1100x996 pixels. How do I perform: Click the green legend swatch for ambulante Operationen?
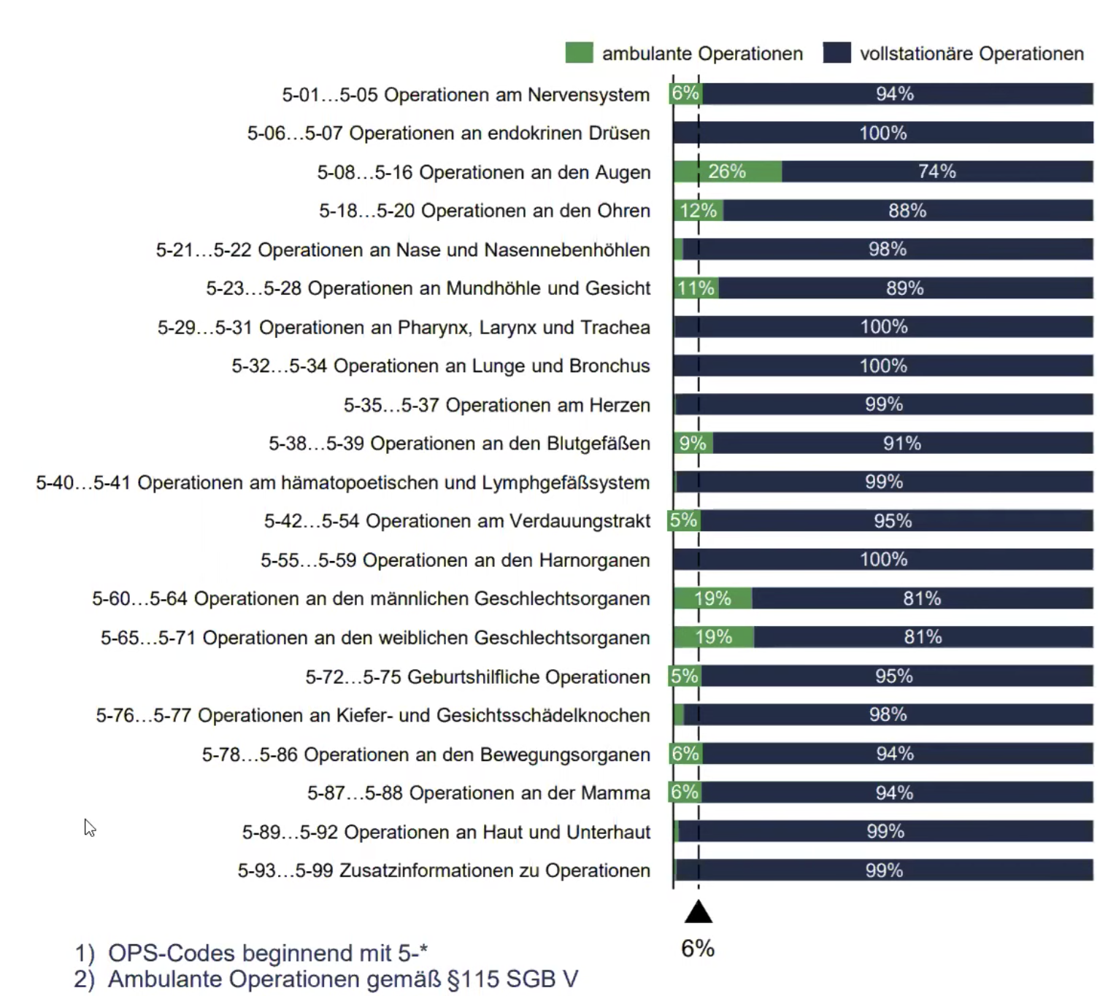579,53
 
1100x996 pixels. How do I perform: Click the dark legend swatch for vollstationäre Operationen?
836,53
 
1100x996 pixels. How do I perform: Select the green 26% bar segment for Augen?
727,171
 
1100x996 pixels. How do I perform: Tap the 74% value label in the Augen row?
936,171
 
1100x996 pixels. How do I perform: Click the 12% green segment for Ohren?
699,211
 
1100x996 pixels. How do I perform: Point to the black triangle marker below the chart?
699,912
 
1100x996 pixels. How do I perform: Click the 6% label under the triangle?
697,949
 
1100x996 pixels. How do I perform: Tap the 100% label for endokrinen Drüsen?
882,133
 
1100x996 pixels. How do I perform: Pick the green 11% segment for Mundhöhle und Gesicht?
696,288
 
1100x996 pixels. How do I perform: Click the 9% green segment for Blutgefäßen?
693,444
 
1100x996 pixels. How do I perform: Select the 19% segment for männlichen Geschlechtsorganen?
712,599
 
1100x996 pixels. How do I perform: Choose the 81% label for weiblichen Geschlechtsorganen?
923,638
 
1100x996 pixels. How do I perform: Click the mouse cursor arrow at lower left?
88,826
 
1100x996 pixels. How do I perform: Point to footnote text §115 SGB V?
512,979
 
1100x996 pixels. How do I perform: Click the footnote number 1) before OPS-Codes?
85,954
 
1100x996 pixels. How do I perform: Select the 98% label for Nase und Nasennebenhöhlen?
887,250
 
